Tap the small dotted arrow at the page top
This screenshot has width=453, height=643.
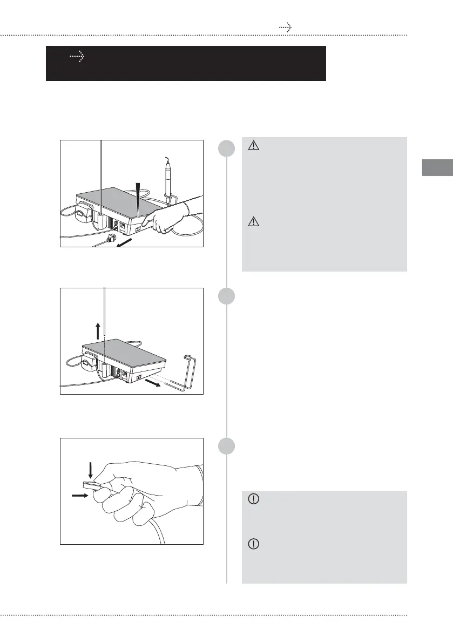point(285,27)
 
